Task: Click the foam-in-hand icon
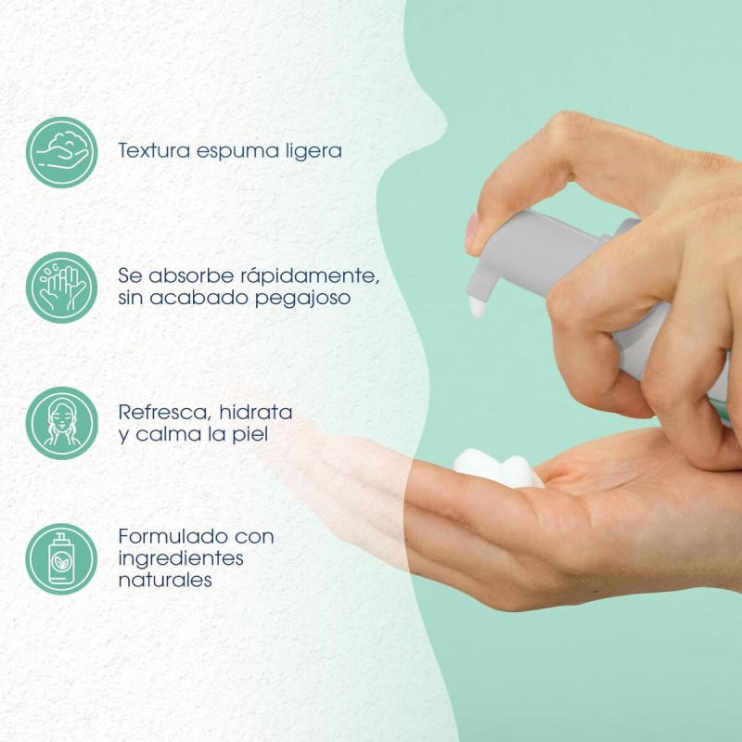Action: click(61, 152)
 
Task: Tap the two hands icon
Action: click(61, 288)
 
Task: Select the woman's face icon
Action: click(61, 423)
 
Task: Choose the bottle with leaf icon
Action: click(61, 559)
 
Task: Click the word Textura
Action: click(154, 150)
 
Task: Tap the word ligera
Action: click(313, 151)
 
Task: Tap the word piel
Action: click(249, 434)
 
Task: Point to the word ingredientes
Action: click(181, 559)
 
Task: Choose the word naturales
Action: click(165, 580)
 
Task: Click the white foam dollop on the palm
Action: click(498, 468)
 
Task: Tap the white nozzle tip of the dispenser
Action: click(478, 308)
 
